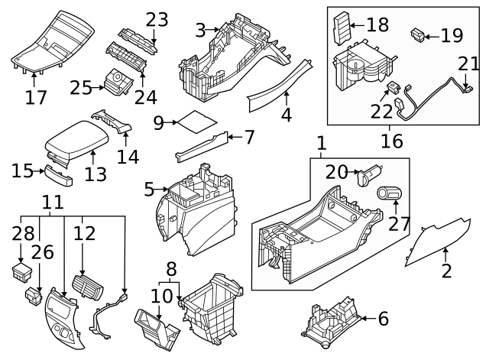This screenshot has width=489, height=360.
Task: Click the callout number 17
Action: pos(35,97)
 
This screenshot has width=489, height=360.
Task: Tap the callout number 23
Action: pos(157,19)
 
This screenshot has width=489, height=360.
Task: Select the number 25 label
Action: pos(79,88)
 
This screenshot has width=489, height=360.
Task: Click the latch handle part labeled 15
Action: pos(58,176)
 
